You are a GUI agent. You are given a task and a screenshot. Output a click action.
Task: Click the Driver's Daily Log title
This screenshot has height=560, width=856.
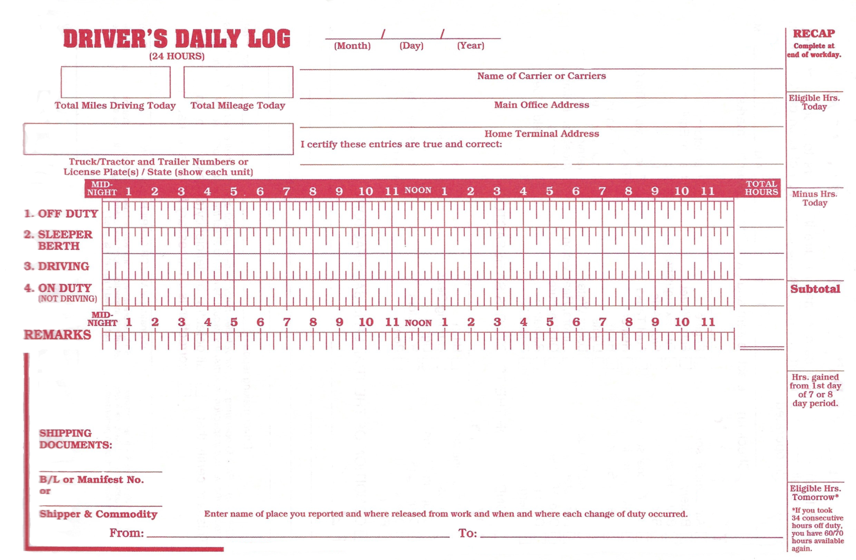click(176, 39)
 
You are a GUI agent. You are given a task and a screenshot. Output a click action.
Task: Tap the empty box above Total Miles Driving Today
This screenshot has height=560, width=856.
click(115, 82)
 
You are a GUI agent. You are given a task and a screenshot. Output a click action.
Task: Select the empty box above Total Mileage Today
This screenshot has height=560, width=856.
click(238, 82)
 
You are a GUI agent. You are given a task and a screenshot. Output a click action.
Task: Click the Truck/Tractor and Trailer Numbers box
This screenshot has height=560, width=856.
click(158, 139)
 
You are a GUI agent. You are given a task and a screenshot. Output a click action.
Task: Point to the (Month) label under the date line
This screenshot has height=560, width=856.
click(352, 46)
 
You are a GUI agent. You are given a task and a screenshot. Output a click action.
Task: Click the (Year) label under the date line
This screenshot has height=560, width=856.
click(470, 46)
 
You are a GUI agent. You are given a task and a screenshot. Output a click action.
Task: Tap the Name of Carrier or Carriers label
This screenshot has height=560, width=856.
click(541, 76)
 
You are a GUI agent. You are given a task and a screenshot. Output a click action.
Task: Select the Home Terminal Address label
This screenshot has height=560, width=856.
click(541, 134)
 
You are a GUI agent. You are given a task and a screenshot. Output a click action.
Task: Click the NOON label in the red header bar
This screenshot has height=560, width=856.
click(418, 190)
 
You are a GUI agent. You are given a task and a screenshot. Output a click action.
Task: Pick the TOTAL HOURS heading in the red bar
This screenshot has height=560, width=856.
click(761, 188)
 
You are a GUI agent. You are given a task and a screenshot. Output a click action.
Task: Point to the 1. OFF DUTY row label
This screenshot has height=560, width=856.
click(61, 214)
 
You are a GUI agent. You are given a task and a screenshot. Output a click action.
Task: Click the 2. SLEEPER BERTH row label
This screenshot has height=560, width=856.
click(59, 240)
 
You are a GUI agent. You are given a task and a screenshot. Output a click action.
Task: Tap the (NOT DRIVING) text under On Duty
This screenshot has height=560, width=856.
click(67, 299)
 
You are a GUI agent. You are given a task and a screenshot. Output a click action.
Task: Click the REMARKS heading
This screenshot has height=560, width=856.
click(57, 335)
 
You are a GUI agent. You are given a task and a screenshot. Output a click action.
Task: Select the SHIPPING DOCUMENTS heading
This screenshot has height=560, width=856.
click(75, 439)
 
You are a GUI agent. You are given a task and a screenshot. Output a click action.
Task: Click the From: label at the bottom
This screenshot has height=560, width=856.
click(127, 533)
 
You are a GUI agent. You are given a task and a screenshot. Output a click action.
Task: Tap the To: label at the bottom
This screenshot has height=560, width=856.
click(468, 533)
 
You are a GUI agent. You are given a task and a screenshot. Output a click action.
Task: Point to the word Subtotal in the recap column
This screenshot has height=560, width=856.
click(815, 289)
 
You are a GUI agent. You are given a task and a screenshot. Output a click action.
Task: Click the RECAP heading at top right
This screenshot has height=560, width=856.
click(814, 33)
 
